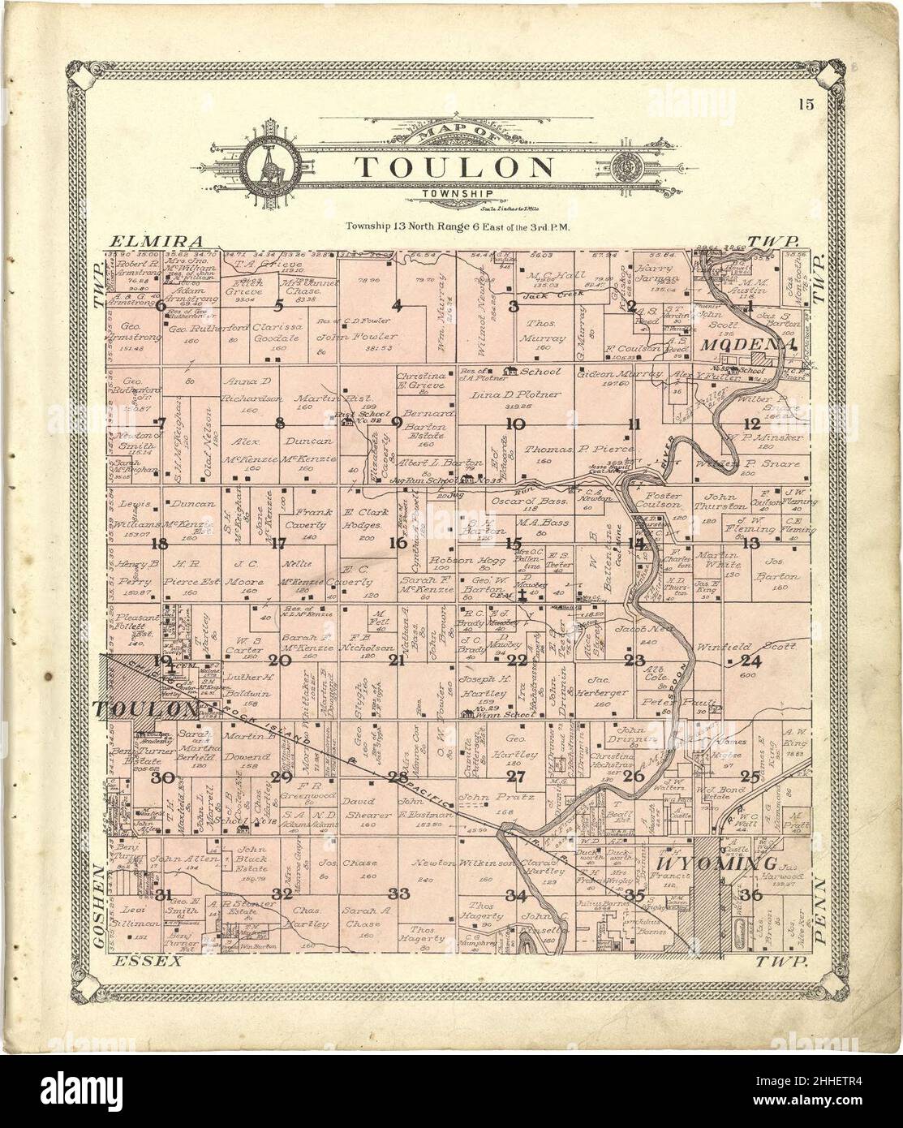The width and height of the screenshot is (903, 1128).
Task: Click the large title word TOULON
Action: coord(454,168)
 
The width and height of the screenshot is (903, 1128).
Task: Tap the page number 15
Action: coord(805,103)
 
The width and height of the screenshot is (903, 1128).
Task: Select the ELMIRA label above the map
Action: coord(154,241)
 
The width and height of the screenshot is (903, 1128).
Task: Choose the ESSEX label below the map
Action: coord(143,962)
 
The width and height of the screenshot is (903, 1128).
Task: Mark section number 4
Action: coord(397,306)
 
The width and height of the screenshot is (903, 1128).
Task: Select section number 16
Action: coord(396,543)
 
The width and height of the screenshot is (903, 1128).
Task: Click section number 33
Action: coord(398,893)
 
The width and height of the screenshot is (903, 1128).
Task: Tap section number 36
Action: coord(750,895)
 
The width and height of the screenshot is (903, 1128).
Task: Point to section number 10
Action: coord(514,423)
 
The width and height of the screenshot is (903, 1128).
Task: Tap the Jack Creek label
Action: coord(544,295)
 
